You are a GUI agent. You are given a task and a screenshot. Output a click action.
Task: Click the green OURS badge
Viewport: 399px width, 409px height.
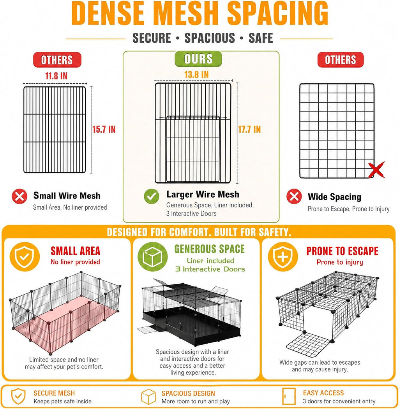pos(198,59)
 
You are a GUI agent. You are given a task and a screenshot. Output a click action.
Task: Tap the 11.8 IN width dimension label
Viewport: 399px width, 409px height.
pos(56,76)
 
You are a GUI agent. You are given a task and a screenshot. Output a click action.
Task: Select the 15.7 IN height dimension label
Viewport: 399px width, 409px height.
pos(104,129)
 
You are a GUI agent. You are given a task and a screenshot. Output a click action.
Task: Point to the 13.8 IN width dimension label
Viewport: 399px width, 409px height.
pos(196,75)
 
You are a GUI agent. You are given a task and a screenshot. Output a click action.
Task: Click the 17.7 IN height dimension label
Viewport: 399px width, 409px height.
pos(249,129)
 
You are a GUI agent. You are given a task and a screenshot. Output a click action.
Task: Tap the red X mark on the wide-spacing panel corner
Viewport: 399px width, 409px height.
pos(376,170)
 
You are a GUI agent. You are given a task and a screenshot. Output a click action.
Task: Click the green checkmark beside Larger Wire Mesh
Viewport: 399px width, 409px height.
pos(152,197)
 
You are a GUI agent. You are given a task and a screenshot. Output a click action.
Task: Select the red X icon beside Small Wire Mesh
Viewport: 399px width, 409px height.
pos(19,197)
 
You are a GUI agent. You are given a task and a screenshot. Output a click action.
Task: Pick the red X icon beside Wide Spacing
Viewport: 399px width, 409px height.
pos(294,196)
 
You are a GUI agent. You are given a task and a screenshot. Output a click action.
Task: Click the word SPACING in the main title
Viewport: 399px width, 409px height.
pos(277,13)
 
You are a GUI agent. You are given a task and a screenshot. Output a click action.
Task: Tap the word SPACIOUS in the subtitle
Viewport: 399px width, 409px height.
pos(210,38)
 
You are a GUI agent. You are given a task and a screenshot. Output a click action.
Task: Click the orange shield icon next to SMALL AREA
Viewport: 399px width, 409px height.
pos(25,257)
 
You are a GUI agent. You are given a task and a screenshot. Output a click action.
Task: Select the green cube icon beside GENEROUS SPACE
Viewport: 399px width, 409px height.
pos(152,257)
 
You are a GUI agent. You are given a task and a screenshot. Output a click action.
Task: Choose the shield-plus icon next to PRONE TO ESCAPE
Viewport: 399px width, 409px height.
pos(283,257)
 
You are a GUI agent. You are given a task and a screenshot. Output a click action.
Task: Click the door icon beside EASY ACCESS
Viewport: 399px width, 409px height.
pos(289,396)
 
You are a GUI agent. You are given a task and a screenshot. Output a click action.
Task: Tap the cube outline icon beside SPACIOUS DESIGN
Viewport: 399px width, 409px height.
pos(148,397)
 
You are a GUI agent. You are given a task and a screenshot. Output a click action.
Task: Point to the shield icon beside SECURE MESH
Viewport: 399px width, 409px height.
pos(18,397)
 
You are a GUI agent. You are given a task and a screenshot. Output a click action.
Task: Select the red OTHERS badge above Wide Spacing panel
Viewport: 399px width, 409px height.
pos(340,60)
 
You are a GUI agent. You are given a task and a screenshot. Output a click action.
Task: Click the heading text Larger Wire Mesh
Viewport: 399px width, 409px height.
pos(203,194)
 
